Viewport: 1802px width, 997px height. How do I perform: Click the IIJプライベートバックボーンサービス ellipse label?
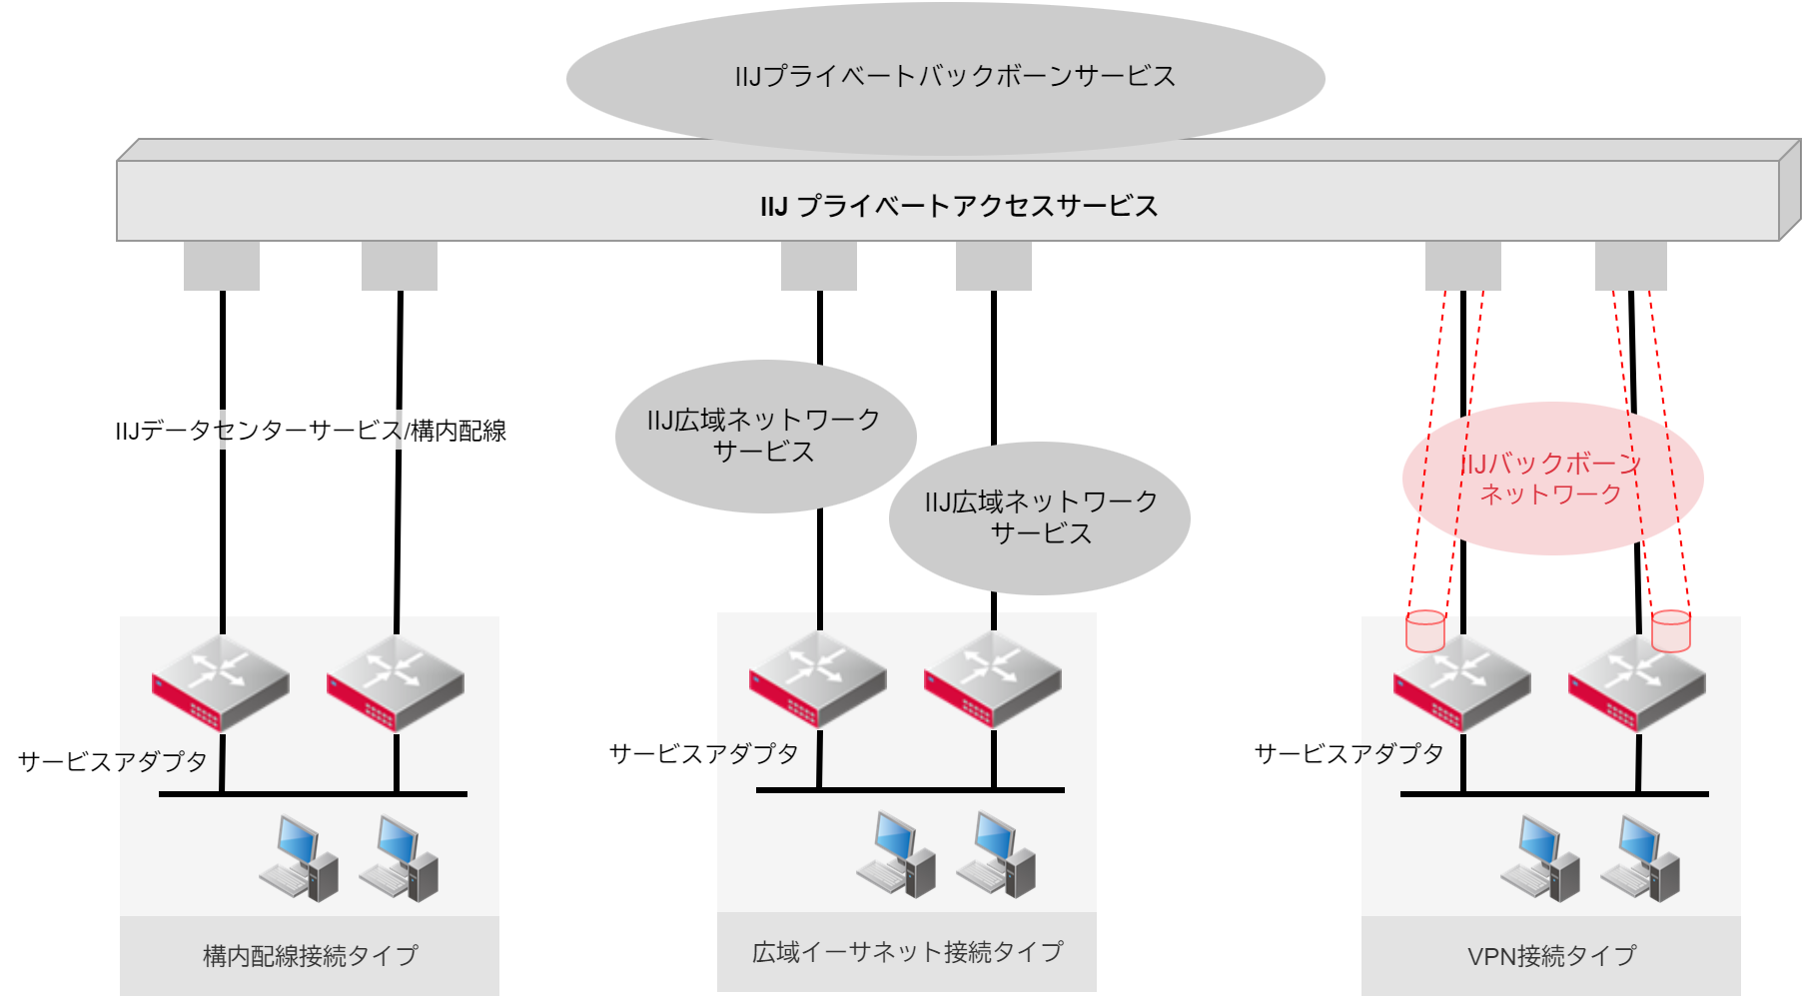[954, 77]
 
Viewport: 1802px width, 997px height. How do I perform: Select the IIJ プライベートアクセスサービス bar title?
[958, 206]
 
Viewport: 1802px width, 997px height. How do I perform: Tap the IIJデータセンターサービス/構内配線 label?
[311, 431]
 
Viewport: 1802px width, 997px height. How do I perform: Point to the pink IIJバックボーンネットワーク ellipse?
[1551, 479]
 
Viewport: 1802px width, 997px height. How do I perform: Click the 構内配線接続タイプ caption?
[310, 956]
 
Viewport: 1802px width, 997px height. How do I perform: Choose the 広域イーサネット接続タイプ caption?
[907, 952]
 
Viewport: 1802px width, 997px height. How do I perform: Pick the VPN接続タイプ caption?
[1551, 956]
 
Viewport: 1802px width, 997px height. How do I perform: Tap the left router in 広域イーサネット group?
[818, 679]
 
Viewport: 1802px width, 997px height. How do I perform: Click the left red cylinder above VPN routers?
[1425, 631]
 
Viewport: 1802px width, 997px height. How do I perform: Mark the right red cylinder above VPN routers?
[1670, 631]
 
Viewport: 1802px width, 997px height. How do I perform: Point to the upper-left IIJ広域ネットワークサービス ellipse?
[765, 436]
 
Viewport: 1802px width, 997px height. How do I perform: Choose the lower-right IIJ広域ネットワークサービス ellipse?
[1040, 517]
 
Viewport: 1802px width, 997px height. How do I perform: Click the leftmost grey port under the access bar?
[222, 266]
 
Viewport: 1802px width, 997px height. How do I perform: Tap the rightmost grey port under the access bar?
[1630, 266]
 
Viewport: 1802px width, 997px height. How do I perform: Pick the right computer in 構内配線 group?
[399, 858]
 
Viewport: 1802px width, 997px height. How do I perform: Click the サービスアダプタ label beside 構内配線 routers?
[112, 761]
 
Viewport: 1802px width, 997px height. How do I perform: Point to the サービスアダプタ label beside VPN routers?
[1349, 753]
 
